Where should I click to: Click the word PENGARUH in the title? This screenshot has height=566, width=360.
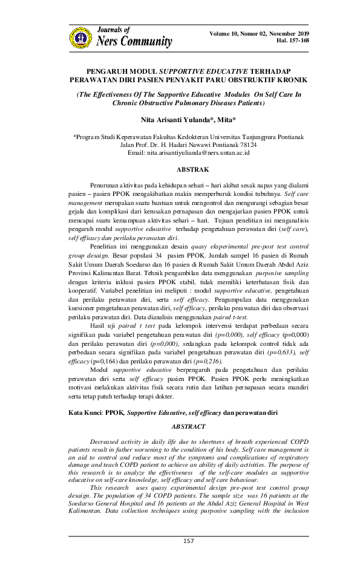[108, 71]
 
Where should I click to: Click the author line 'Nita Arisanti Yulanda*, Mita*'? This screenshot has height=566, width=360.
[179, 120]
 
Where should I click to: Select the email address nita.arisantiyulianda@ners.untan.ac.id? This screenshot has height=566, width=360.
[199, 154]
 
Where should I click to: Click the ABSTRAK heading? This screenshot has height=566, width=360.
[180, 171]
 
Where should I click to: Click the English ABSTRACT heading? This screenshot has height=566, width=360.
[180, 426]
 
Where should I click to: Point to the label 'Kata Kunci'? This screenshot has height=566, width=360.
[87, 412]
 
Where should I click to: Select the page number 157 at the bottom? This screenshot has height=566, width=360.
[180, 541]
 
